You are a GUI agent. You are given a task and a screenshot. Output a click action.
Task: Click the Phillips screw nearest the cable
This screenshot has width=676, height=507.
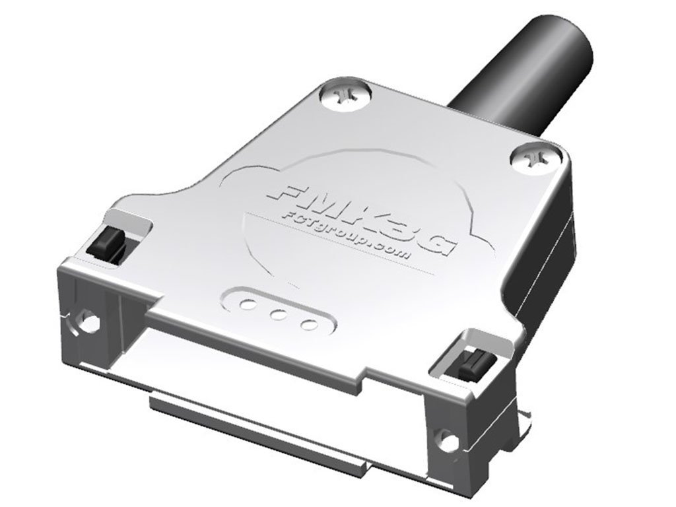[x=346, y=96]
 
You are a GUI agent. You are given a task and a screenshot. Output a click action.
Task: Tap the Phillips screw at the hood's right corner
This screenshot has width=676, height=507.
[x=535, y=160]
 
